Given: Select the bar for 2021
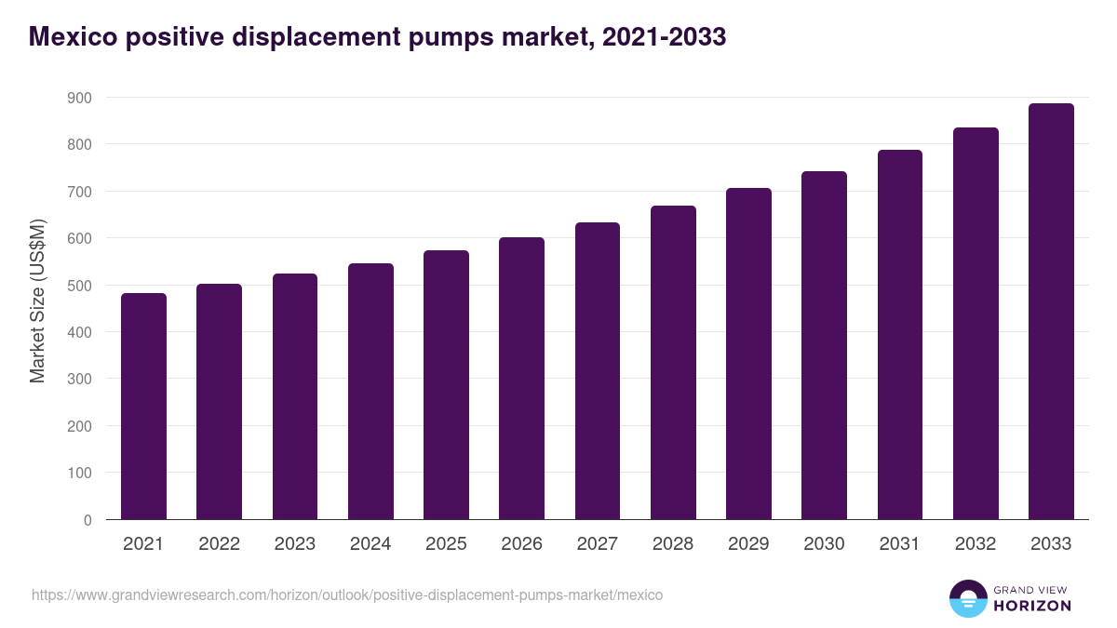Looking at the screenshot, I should click(x=143, y=407).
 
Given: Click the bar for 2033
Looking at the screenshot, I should click(x=1051, y=312).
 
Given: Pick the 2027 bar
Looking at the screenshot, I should click(x=598, y=371).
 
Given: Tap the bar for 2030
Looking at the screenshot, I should click(x=824, y=345).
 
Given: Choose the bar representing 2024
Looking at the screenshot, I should click(x=370, y=392).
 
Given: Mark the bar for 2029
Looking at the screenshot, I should click(x=748, y=354).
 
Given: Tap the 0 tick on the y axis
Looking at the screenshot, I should click(x=87, y=520).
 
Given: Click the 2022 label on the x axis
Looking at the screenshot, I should click(x=219, y=544).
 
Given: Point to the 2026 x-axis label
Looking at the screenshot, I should click(x=521, y=544).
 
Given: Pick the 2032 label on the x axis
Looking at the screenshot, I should click(x=976, y=544).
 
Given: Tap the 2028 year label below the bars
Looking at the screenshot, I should click(x=673, y=544).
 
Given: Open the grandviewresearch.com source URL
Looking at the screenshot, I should click(x=347, y=595).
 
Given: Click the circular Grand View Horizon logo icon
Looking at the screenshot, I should click(x=967, y=598).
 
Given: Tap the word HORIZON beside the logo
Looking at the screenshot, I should click(x=1032, y=606).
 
